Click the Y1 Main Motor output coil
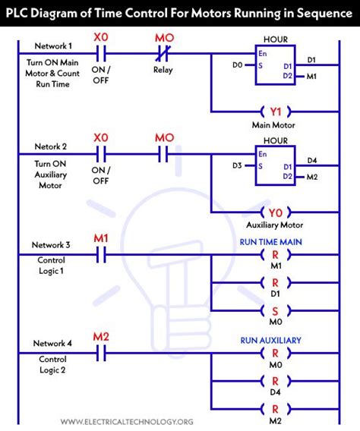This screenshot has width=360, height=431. [274, 111]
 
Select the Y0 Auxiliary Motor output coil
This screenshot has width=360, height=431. [274, 212]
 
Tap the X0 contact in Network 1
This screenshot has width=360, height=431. [100, 54]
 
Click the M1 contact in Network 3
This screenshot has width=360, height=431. [100, 256]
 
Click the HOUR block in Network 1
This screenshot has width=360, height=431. [274, 67]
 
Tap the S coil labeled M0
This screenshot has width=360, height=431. [274, 310]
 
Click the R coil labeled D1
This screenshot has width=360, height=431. [274, 283]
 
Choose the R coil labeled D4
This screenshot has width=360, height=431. [274, 381]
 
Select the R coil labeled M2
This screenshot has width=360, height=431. [274, 408]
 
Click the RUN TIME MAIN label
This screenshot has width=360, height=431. [274, 241]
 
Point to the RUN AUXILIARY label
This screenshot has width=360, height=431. [274, 340]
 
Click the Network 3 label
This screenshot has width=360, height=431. [51, 244]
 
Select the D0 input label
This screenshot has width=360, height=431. [238, 65]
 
